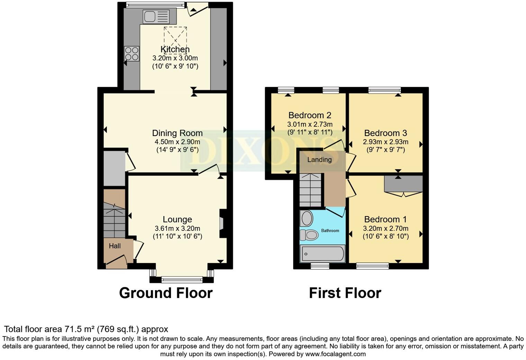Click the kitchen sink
coord(156,17)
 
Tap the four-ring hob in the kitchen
coord(131,53)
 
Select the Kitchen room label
coord(175,49)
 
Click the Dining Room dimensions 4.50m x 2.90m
coord(177,142)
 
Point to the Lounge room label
coord(177,219)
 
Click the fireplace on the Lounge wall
coord(222,223)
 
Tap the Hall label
coord(115,246)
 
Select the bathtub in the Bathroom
coord(323,254)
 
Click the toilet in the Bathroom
coord(309,235)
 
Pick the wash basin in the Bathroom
coord(307,218)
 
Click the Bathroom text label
coord(330,231)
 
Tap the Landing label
coord(319,160)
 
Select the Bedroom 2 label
coord(310,115)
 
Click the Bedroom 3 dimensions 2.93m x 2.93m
coord(386,142)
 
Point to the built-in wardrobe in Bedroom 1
coord(403,183)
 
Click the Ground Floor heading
coord(166,293)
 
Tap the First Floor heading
coord(345,293)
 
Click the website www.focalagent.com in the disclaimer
coord(335,354)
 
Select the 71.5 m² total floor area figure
coord(80,329)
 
